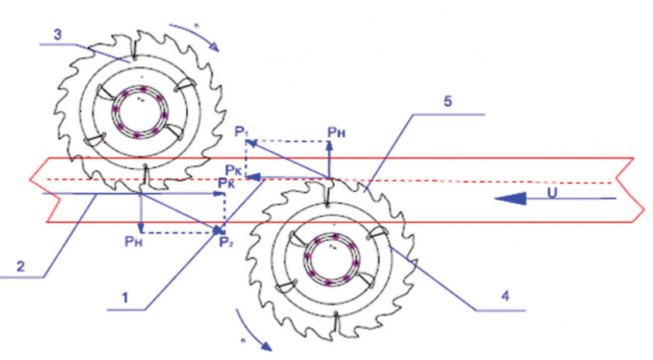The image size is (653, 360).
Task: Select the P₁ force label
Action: [x=239, y=131]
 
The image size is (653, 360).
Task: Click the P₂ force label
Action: [x=223, y=241]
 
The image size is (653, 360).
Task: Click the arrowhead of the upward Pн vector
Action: [x=329, y=144]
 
